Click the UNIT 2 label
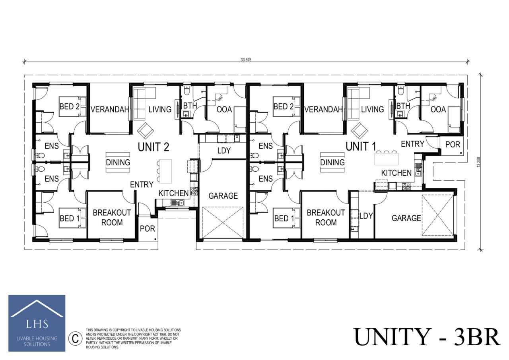click(x=153, y=147)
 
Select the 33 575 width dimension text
click(x=246, y=60)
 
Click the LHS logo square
click(x=37, y=323)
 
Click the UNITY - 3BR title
click(x=427, y=337)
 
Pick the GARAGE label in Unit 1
click(x=406, y=218)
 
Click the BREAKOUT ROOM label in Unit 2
click(x=112, y=217)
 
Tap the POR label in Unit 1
click(x=453, y=145)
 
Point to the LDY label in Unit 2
click(x=224, y=151)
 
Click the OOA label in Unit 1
click(x=438, y=109)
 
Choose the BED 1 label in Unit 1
click(x=284, y=218)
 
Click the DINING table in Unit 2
click(x=118, y=162)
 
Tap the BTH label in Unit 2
click(x=189, y=106)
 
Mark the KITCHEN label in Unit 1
click(x=396, y=173)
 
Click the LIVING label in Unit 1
click(x=372, y=109)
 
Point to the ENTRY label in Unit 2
click(x=142, y=184)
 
